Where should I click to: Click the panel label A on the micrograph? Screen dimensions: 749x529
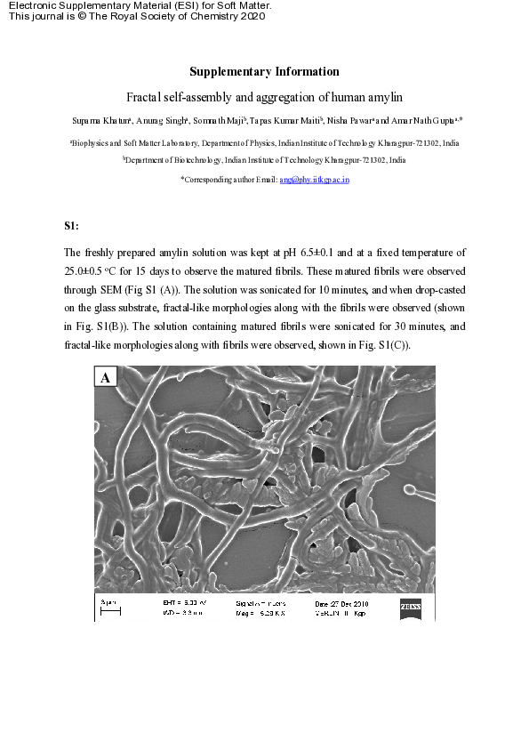tap(106, 378)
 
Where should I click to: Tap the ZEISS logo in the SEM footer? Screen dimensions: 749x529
tap(411, 606)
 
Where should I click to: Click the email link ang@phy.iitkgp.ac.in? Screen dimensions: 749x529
tap(314, 180)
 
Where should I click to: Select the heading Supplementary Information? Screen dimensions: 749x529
tap(264, 72)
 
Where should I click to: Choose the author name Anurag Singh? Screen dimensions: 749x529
tap(154, 119)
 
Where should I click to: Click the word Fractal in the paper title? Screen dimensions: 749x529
tap(146, 95)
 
